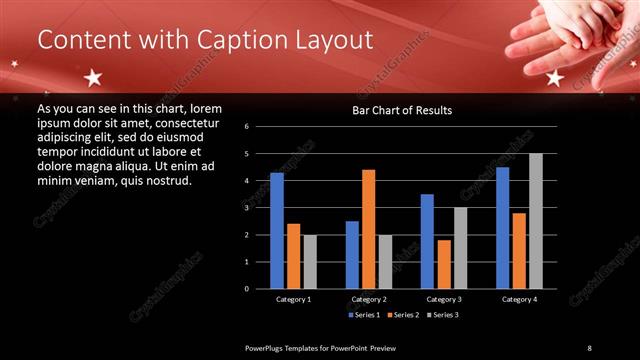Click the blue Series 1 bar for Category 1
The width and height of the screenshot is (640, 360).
[277, 231]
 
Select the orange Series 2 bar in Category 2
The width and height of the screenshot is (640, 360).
[368, 229]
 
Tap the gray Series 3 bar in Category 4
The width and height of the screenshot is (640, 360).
[535, 221]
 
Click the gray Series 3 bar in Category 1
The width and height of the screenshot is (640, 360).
[310, 262]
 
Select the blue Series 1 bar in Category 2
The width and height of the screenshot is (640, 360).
[352, 255]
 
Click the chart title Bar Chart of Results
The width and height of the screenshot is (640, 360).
[402, 110]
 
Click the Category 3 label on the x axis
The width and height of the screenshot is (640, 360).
[443, 299]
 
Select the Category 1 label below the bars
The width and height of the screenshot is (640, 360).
[293, 299]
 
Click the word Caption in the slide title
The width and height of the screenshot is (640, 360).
[232, 40]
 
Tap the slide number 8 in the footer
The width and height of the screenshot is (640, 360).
[590, 347]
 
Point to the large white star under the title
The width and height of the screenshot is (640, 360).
[93, 77]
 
